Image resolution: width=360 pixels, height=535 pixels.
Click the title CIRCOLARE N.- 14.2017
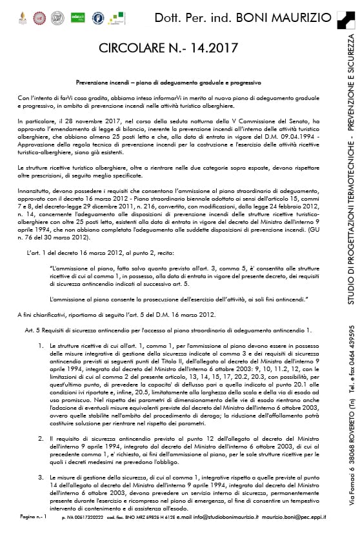coord(168,48)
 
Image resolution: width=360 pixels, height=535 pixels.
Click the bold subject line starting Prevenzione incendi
coord(168,83)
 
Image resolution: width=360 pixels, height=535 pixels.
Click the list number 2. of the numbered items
coord(41,438)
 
